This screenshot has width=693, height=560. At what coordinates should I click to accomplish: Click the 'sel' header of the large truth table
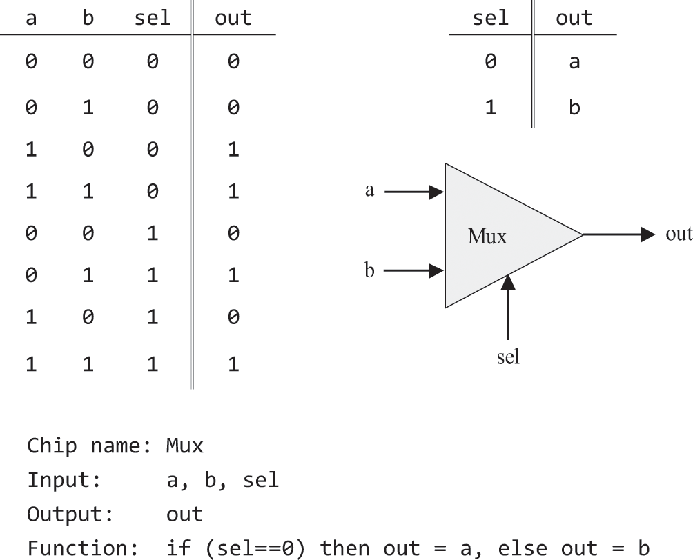coord(153,18)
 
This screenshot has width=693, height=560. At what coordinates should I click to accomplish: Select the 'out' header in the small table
coord(574,18)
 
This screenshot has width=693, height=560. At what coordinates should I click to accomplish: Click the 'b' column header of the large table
coord(88,18)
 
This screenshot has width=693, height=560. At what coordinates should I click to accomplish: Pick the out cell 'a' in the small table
coord(574,63)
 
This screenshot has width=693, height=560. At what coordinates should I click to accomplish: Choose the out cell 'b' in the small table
coord(574,108)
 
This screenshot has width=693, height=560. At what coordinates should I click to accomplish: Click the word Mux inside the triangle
coord(487,237)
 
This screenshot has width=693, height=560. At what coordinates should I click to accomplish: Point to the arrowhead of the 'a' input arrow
coord(437,192)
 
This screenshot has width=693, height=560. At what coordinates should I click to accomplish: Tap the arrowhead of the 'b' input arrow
coord(437,270)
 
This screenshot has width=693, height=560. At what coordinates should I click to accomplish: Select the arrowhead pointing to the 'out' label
coord(646,234)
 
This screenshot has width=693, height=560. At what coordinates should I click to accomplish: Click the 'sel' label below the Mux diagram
coord(508,357)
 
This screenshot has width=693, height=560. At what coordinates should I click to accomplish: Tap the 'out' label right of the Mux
coord(679,234)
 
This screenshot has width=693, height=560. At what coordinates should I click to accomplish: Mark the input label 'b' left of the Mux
coord(369,270)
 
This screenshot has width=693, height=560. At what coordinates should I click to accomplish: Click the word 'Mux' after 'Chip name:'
coord(185,446)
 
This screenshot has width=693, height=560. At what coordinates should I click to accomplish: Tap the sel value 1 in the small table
coord(489,108)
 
